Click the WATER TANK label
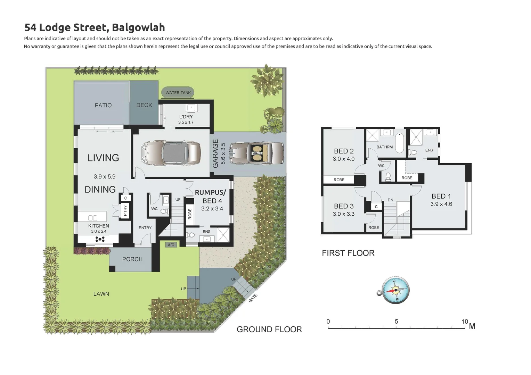pyautogui.click(x=178, y=93)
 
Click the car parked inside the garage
pyautogui.click(x=171, y=152)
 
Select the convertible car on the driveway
pyautogui.click(x=258, y=152)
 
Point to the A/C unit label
pyautogui.click(x=171, y=245)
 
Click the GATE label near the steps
pyautogui.click(x=253, y=298)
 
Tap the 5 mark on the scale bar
pyautogui.click(x=396, y=322)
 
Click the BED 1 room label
pyautogui.click(x=441, y=196)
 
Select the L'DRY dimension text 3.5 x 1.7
pyautogui.click(x=186, y=123)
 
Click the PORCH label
pyautogui.click(x=132, y=259)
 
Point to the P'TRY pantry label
pyautogui.click(x=125, y=211)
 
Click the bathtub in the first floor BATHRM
pyautogui.click(x=400, y=142)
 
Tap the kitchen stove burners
pyautogui.click(x=100, y=239)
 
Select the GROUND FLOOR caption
pyautogui.click(x=269, y=329)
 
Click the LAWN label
pyautogui.click(x=101, y=294)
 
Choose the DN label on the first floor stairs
pyautogui.click(x=390, y=200)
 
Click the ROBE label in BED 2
pyautogui.click(x=339, y=180)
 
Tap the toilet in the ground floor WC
pyautogui.click(x=164, y=211)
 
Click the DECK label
pyautogui.click(x=144, y=105)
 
